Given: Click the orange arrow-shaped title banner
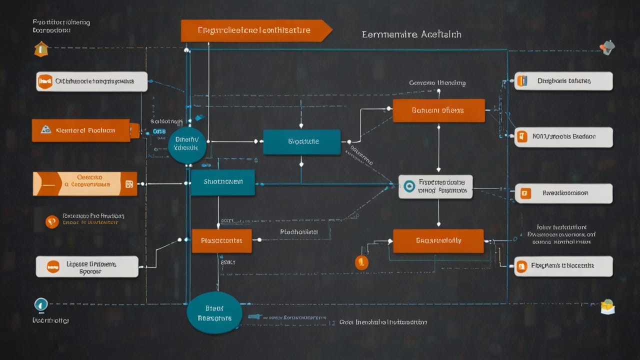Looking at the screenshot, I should (x=255, y=30).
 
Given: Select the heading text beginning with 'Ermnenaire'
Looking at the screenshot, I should (x=411, y=34).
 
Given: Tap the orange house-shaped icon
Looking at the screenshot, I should (x=41, y=49).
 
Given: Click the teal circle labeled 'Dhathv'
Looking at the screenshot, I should (x=186, y=145).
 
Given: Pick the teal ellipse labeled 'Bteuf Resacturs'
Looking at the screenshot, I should (x=214, y=313).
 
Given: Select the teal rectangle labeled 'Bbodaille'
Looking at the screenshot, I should (x=301, y=142).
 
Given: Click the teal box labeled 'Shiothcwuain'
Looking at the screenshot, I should (x=222, y=182).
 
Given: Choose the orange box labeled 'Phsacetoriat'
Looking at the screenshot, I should (x=221, y=240).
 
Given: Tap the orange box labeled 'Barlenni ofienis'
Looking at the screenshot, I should (x=438, y=110).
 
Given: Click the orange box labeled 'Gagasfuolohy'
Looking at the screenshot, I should (x=438, y=240).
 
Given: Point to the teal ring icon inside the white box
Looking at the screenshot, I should (x=409, y=186).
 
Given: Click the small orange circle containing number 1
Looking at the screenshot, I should (x=361, y=262).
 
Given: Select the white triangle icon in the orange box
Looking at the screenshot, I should (x=46, y=130).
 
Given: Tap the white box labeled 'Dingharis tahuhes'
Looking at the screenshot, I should (x=563, y=81).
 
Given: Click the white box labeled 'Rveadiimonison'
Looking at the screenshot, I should (x=563, y=193).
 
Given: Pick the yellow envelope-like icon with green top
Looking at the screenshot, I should (x=607, y=306).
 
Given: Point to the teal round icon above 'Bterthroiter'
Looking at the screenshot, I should (x=41, y=304).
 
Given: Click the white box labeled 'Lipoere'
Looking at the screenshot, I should (x=87, y=266).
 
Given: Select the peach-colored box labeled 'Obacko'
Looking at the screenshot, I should (x=84, y=183).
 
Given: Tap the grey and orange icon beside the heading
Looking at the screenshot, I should (x=607, y=47).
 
